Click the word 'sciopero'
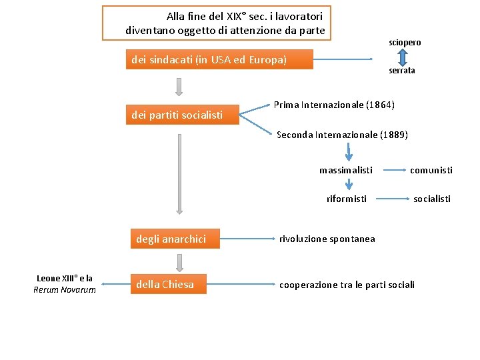pos(405,42)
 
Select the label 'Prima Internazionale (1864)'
pos(334,105)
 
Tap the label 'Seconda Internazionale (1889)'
pos(342,135)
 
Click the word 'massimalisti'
pos(345,170)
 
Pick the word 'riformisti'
pos(346,199)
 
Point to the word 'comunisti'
pos(431,170)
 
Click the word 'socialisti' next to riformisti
pos(432,199)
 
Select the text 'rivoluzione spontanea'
pos(327,239)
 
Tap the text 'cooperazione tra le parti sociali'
pos(347,285)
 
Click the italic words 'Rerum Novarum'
pos(65,289)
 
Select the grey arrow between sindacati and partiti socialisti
pos(179,86)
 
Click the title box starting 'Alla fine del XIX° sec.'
pos(217,23)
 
